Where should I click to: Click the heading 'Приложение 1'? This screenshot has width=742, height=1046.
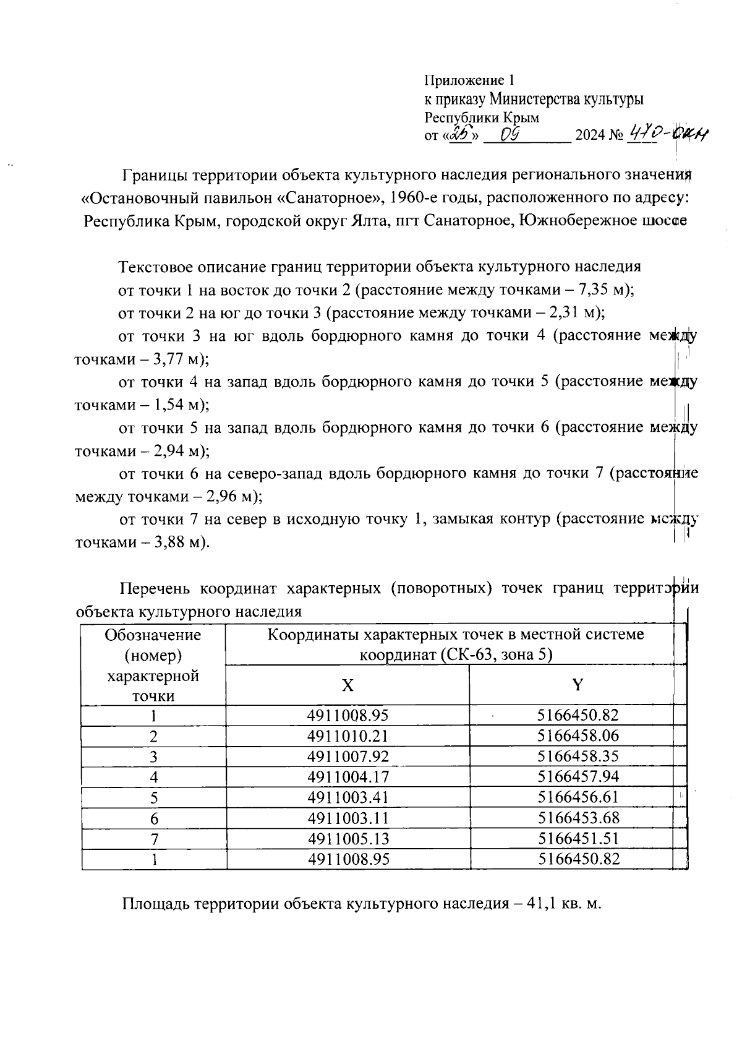469,80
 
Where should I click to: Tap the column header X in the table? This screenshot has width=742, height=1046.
348,685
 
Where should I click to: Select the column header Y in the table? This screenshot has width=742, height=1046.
578,685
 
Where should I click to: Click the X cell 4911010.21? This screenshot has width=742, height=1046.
348,736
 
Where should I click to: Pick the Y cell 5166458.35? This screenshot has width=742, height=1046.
578,757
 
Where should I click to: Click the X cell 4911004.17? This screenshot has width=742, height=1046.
348,777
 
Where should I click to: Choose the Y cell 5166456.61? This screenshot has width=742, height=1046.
578,797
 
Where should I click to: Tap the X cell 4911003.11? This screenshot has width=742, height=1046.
348,818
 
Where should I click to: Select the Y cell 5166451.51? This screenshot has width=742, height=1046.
578,839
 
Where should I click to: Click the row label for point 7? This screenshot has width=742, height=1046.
154,839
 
